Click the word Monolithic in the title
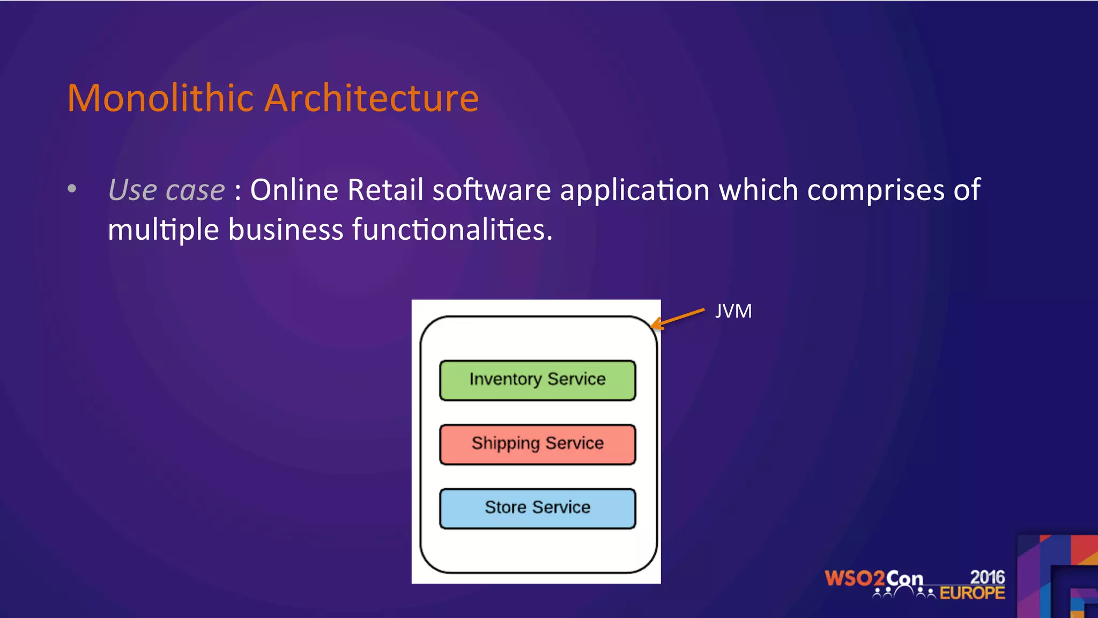160,98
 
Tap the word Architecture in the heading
372,98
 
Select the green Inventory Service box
537,380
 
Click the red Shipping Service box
537,444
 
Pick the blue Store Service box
537,508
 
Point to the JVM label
733,311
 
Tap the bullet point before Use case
72,189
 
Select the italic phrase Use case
166,190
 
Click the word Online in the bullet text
294,190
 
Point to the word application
634,191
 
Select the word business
285,230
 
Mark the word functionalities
451,230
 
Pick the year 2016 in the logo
987,577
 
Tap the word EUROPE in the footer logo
972,593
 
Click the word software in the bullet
492,190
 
